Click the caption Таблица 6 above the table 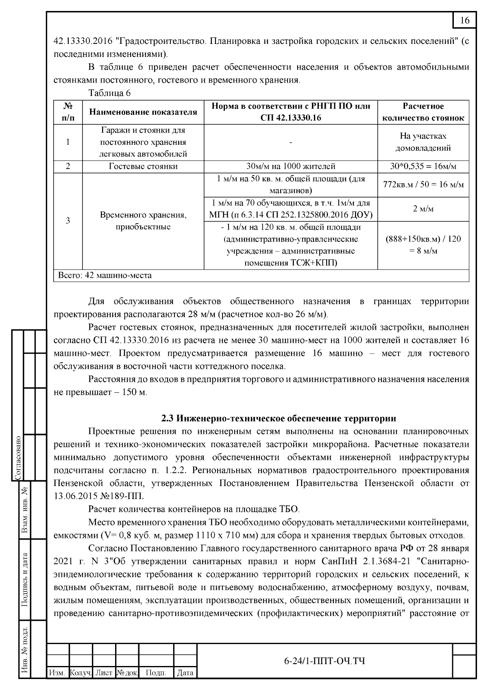click(x=109, y=93)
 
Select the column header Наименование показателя click(x=143, y=112)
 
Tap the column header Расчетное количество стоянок click(x=423, y=112)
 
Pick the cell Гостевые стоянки click(x=143, y=166)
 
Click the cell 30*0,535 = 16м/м click(x=423, y=166)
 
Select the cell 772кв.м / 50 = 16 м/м click(x=423, y=185)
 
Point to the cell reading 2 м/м click(x=423, y=209)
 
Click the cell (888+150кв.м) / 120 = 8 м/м click(x=423, y=245)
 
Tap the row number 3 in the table click(x=68, y=221)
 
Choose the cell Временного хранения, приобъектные click(x=143, y=221)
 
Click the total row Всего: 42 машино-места click(x=105, y=276)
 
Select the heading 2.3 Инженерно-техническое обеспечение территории click(x=279, y=418)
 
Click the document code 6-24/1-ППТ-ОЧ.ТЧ click(x=324, y=661)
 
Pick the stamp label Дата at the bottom click(x=185, y=673)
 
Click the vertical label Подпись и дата click(x=25, y=580)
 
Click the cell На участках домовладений click(x=423, y=142)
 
